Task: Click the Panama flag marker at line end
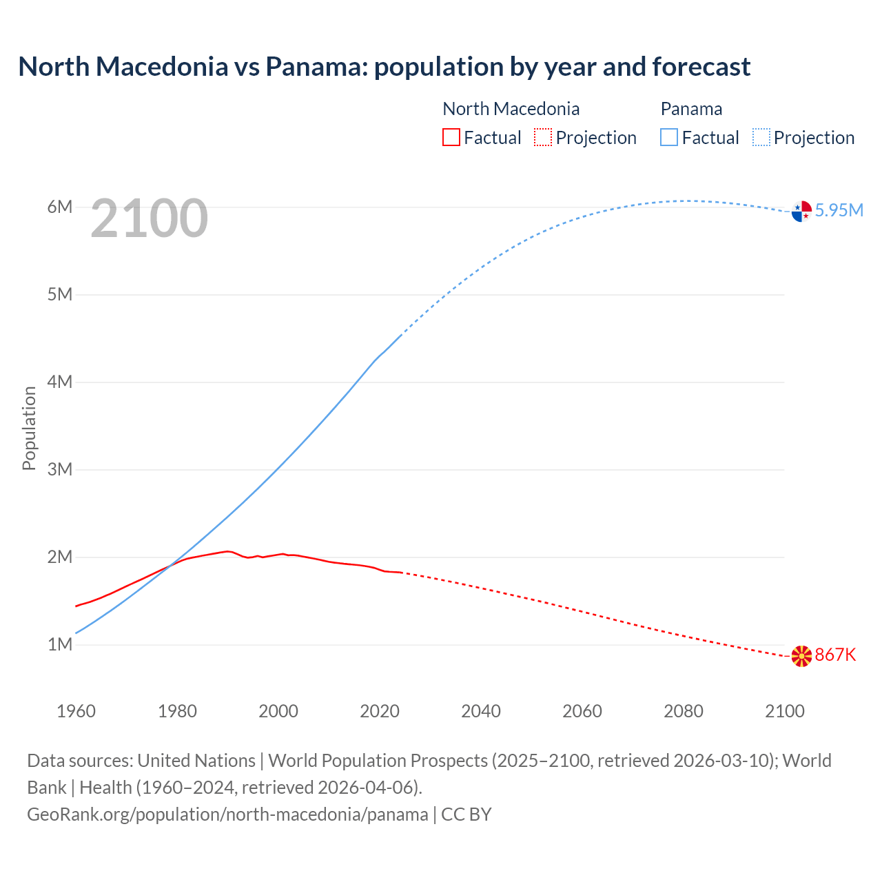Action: pyautogui.click(x=801, y=212)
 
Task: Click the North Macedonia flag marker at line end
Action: pyautogui.click(x=801, y=656)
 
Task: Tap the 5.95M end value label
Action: pyautogui.click(x=839, y=210)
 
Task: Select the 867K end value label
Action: pyautogui.click(x=835, y=655)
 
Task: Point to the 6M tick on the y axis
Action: pyautogui.click(x=60, y=207)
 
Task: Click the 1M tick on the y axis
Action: pyautogui.click(x=60, y=644)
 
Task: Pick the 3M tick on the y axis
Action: pyautogui.click(x=60, y=469)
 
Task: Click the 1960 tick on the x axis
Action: pyautogui.click(x=76, y=711)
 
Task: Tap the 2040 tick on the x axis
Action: pyautogui.click(x=481, y=711)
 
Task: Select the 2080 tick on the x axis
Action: pyautogui.click(x=684, y=711)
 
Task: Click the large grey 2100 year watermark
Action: pyautogui.click(x=149, y=218)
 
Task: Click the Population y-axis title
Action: pyautogui.click(x=29, y=428)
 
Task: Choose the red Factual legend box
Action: pyautogui.click(x=451, y=137)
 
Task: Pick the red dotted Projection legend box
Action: pyautogui.click(x=543, y=137)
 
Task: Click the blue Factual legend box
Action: pyautogui.click(x=669, y=137)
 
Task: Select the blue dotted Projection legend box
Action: pyautogui.click(x=761, y=137)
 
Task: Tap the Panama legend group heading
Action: pyautogui.click(x=691, y=109)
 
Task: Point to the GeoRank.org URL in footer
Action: pyautogui.click(x=227, y=814)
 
